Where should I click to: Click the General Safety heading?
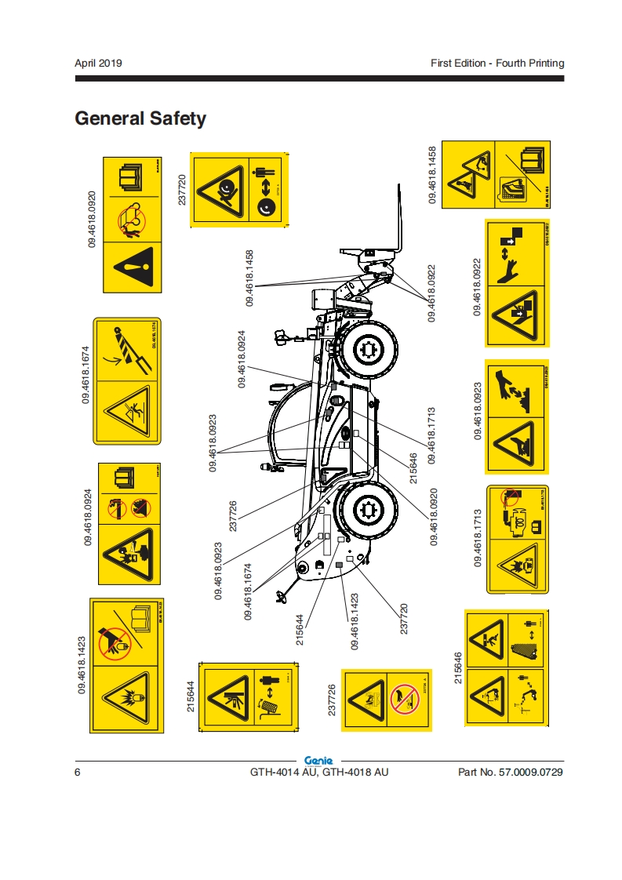click(x=140, y=118)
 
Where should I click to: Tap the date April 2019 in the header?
click(x=98, y=63)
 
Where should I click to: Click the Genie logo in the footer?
click(x=318, y=760)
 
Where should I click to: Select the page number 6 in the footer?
click(x=78, y=773)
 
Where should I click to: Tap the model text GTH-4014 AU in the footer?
click(x=284, y=773)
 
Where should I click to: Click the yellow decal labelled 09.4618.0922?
click(x=518, y=283)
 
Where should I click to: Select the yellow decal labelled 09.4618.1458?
click(x=496, y=173)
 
